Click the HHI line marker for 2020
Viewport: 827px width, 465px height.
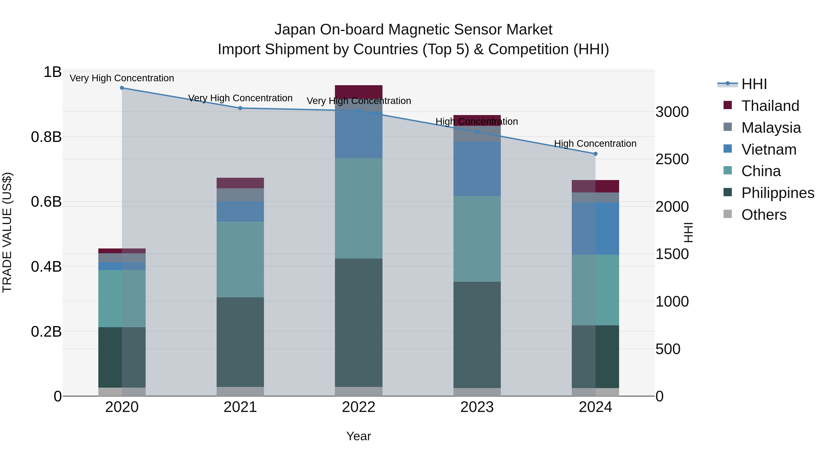pos(122,88)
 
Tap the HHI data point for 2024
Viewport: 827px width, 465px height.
pos(595,154)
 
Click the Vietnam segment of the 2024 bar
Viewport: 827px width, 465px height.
pos(595,228)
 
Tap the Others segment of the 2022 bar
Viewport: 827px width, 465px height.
pos(359,391)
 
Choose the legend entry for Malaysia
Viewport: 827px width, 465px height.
pos(771,128)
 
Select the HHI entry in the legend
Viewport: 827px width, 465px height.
pos(754,84)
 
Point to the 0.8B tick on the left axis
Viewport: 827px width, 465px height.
pos(46,137)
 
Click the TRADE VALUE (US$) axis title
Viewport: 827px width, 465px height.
pos(7,232)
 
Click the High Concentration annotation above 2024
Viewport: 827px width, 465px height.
pos(595,144)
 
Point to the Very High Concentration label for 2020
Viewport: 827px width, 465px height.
pos(122,78)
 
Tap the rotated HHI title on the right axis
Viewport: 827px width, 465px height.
pos(688,232)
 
